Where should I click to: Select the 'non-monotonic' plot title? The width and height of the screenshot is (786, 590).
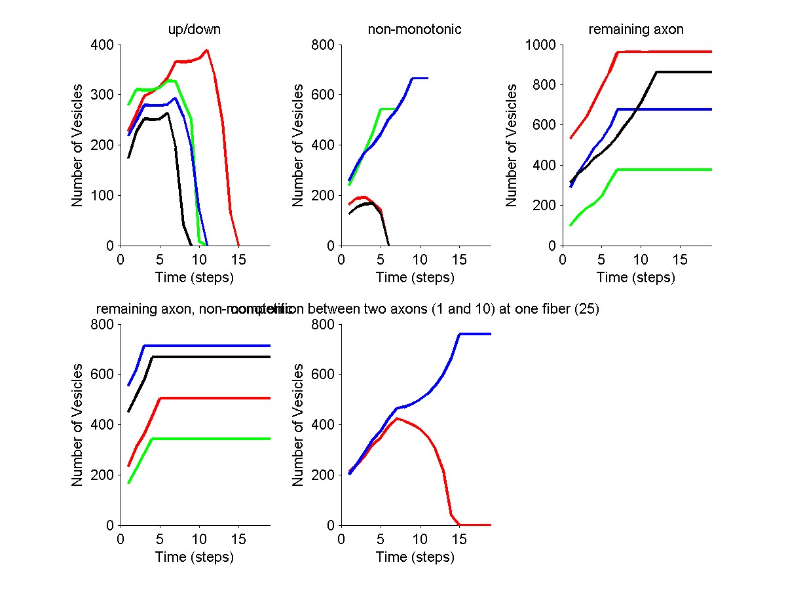point(415,29)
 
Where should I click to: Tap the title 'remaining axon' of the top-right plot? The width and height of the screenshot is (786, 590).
point(636,29)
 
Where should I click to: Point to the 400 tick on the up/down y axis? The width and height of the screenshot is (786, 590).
point(105,45)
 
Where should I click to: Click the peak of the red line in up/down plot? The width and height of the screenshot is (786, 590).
point(207,50)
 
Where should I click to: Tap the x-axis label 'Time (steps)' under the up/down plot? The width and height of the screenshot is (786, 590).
point(195,277)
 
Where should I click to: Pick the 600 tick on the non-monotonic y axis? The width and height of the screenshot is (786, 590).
point(326,94)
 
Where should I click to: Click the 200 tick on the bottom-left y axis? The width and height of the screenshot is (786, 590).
point(105,475)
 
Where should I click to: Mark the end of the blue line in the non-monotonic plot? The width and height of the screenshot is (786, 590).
point(428,78)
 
